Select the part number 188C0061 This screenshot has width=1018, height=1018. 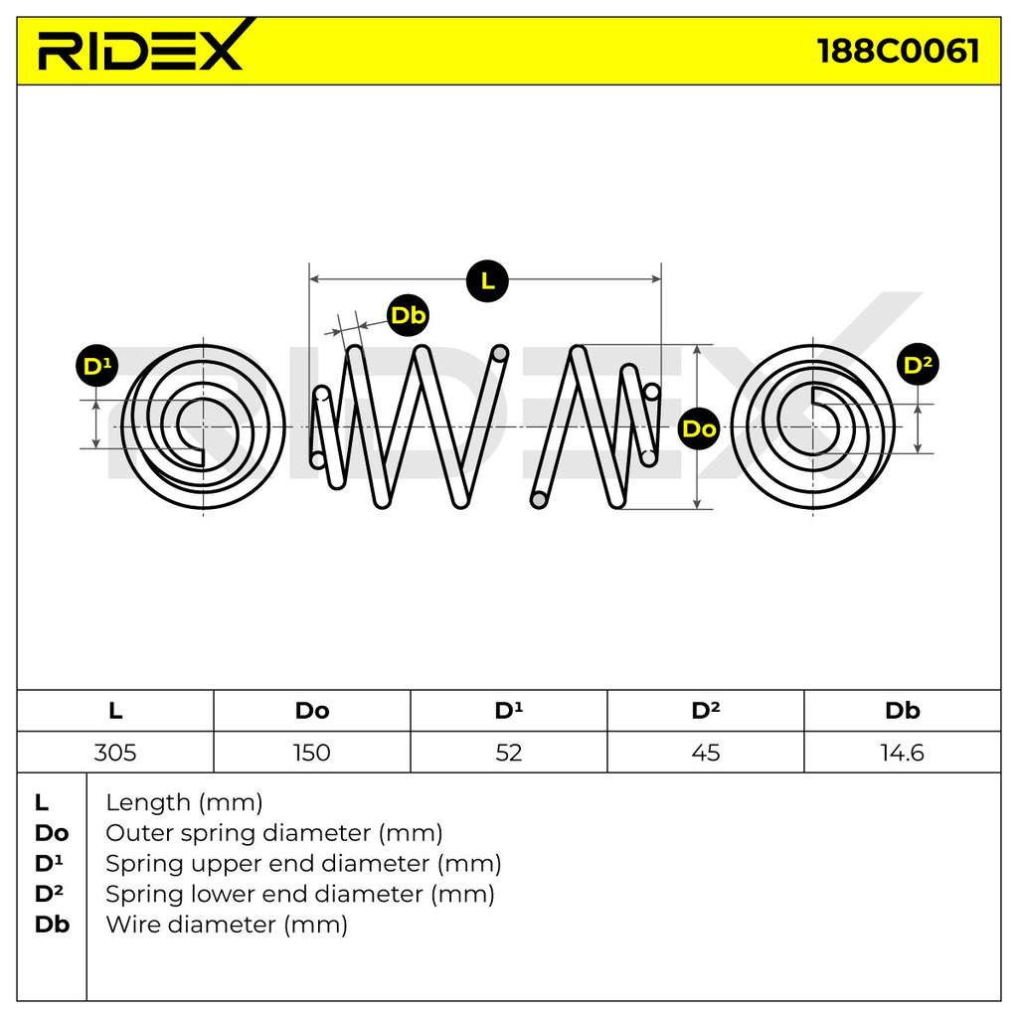(899, 51)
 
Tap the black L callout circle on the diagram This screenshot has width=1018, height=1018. (487, 280)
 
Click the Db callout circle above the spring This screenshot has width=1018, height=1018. (408, 315)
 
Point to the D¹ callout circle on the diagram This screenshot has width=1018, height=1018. (96, 366)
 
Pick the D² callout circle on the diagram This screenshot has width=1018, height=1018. (918, 364)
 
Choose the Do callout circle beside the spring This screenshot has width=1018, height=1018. (699, 428)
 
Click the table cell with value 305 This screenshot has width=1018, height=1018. (115, 753)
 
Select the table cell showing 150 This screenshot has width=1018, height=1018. (311, 753)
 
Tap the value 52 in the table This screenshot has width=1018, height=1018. (508, 753)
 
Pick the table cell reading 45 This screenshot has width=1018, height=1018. (705, 753)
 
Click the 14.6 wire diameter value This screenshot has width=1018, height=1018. (902, 753)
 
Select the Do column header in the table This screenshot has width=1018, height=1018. (311, 711)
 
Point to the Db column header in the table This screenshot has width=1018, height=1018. (902, 711)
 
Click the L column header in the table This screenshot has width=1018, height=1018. (115, 711)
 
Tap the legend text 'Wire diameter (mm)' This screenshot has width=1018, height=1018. (227, 925)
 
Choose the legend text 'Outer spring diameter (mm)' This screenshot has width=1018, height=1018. (274, 833)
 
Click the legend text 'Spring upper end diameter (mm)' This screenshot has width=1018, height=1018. (303, 864)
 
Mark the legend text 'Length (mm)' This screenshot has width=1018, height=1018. (184, 802)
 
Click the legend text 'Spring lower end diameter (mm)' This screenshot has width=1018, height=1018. (300, 894)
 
